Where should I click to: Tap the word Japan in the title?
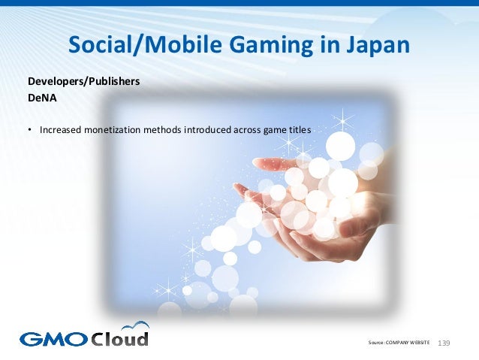click(378, 46)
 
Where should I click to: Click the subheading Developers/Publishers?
click(83, 81)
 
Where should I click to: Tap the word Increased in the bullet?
click(62, 129)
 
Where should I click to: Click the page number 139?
click(443, 343)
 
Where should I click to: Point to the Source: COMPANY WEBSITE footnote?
click(399, 343)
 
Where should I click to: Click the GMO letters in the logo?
click(53, 338)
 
